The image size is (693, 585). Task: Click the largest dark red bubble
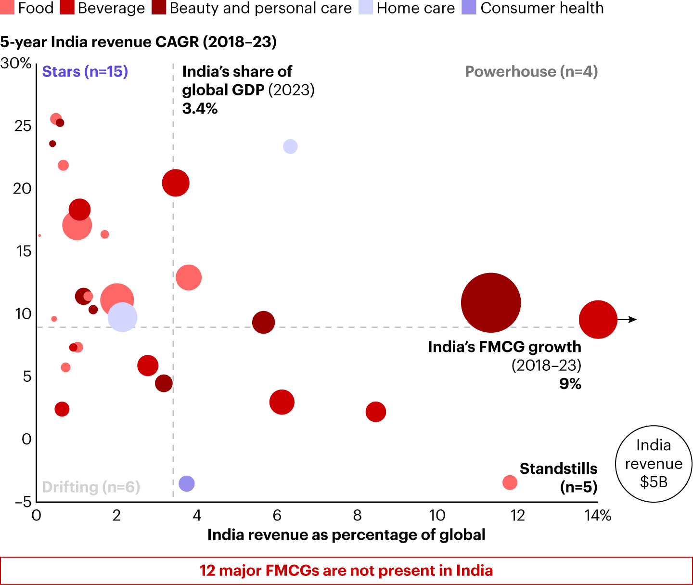click(x=490, y=302)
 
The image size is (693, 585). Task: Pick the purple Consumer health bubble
click(x=187, y=483)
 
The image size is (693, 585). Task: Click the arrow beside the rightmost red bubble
click(x=628, y=319)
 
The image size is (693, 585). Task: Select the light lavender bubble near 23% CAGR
click(x=290, y=146)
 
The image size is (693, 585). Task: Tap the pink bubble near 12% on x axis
click(x=510, y=482)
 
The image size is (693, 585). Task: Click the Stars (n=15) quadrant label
click(x=85, y=72)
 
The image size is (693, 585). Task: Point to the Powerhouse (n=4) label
click(x=531, y=72)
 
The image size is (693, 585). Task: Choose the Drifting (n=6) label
click(x=91, y=487)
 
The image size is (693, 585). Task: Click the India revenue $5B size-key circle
click(x=654, y=464)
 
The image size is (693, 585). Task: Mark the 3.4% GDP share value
click(x=200, y=109)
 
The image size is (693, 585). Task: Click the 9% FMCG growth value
click(x=570, y=384)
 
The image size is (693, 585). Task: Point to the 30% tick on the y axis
click(x=16, y=63)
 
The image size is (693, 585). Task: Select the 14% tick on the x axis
click(x=598, y=516)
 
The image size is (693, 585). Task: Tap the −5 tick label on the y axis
click(x=23, y=502)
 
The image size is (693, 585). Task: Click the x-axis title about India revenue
click(x=346, y=535)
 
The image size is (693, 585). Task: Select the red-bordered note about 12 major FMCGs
click(x=346, y=571)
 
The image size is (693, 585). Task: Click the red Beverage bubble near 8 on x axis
click(x=376, y=412)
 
